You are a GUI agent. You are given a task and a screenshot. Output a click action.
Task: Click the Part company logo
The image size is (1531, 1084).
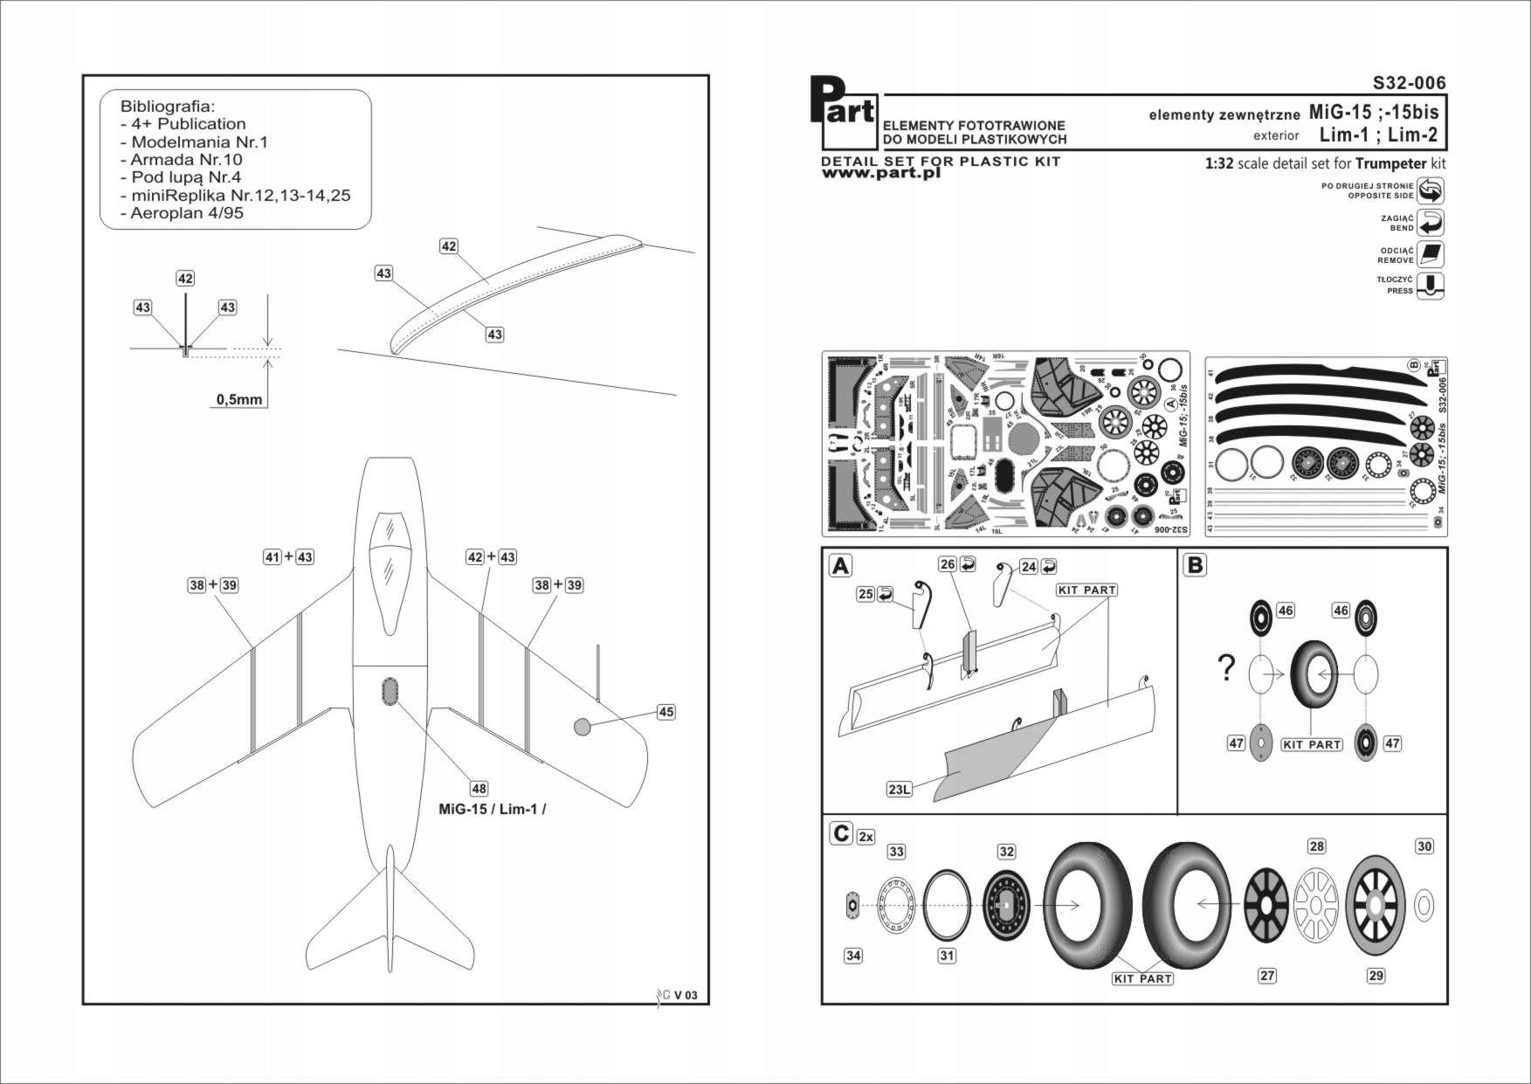(842, 112)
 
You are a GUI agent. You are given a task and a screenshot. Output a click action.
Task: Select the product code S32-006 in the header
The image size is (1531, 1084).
(1409, 83)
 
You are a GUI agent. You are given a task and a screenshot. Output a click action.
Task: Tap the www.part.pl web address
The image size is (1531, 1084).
(880, 173)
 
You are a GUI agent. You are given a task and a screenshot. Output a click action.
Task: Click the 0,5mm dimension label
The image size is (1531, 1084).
(239, 399)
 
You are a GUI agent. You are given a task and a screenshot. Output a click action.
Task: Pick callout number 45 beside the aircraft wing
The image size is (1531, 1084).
(666, 712)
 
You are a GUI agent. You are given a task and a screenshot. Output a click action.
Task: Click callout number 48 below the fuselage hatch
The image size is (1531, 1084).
(479, 789)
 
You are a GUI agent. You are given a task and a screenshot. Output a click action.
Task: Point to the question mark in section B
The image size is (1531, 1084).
(1226, 668)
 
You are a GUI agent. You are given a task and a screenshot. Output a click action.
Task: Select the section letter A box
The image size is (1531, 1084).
(840, 566)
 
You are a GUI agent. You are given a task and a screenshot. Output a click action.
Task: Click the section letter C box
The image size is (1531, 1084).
(840, 833)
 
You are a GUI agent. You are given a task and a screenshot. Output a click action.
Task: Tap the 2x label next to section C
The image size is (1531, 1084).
(865, 837)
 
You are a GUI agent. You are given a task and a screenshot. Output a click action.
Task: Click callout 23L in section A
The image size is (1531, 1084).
(899, 790)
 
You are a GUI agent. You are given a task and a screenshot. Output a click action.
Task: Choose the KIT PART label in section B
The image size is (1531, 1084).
(1311, 744)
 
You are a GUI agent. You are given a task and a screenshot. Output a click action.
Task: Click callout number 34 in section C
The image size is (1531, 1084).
(853, 956)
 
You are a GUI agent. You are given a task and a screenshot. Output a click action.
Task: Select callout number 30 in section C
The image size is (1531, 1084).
(1424, 846)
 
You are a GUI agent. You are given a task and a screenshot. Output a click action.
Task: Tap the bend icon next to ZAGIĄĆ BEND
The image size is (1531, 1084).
(1431, 222)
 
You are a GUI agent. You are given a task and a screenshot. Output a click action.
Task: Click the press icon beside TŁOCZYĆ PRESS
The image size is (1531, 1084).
(1431, 285)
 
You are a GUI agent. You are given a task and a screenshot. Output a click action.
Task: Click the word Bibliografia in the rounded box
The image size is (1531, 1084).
(167, 107)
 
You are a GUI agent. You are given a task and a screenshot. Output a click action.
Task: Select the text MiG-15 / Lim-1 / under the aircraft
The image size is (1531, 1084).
(492, 809)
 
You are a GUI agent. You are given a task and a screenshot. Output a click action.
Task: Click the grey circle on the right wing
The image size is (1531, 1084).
(583, 726)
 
